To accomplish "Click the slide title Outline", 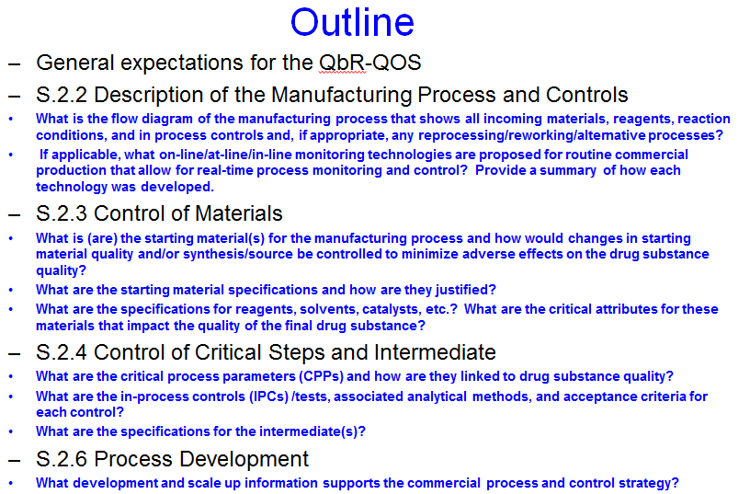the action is (352, 22).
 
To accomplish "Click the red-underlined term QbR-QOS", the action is (370, 63).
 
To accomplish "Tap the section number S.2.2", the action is (62, 95).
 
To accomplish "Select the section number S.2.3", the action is (62, 213).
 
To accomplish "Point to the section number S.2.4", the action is (62, 352).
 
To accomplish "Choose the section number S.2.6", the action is (62, 459).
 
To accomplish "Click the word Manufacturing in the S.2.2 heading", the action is (341, 95).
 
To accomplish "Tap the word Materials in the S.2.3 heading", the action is (239, 213).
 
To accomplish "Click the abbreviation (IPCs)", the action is (268, 396).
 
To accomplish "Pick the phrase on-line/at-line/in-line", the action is (225, 155).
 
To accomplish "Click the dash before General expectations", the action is (14, 63).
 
